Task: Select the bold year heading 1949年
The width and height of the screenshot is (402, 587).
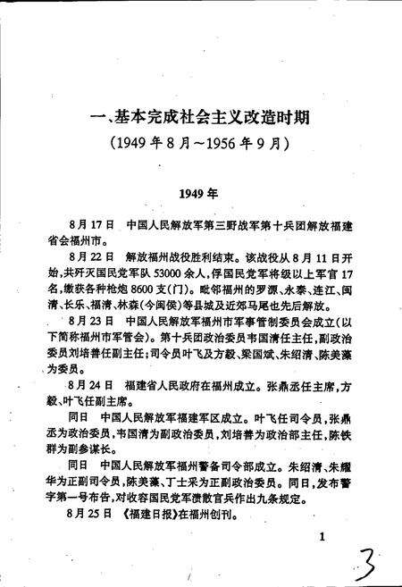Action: tap(197, 192)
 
